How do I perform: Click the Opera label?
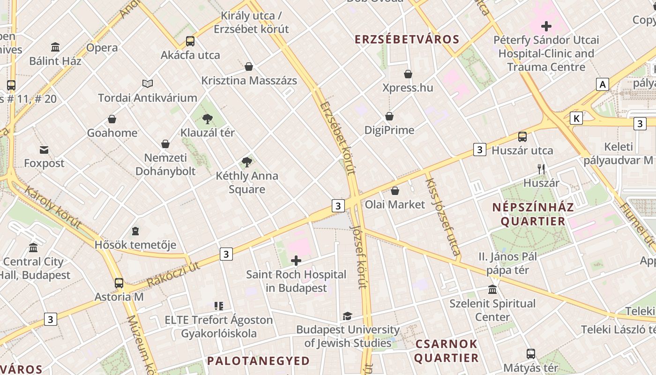(102, 48)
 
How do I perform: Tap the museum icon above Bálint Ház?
(55, 47)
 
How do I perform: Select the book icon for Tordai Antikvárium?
(148, 83)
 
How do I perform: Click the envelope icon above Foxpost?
(44, 150)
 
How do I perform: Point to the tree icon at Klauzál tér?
(207, 119)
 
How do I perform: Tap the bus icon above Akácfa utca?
(190, 41)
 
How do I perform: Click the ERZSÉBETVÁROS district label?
(407, 39)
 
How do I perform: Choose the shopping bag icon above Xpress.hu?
(408, 74)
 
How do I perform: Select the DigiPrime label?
(389, 130)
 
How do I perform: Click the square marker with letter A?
(602, 84)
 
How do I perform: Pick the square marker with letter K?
(576, 118)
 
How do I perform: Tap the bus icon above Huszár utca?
(522, 137)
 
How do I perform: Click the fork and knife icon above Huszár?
(541, 169)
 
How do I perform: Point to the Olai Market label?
(395, 204)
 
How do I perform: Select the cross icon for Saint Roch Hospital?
(296, 261)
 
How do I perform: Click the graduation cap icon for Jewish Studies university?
(347, 316)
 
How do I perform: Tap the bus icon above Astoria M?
(119, 283)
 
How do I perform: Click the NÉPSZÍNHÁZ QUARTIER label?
(533, 214)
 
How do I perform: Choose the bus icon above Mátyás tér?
(530, 354)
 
